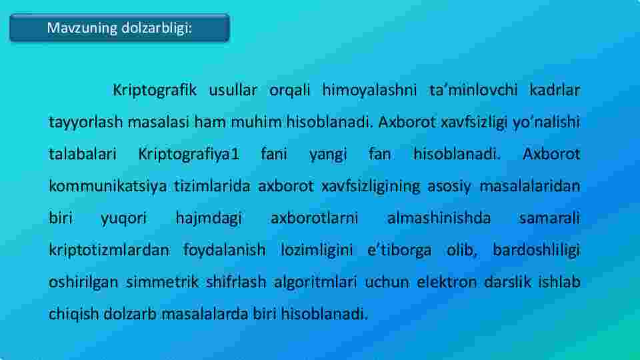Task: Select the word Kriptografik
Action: coord(155,91)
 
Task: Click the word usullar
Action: coord(233,90)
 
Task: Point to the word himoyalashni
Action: coord(369,91)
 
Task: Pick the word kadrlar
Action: coord(555,90)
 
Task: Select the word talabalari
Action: coord(83,154)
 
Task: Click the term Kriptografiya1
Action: coord(189,155)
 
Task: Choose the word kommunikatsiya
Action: coord(108,187)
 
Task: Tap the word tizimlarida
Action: coord(212,186)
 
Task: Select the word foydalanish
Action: coord(224,250)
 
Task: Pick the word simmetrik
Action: coord(162,282)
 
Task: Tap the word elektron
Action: coord(447,282)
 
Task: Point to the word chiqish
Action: coord(73,314)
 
